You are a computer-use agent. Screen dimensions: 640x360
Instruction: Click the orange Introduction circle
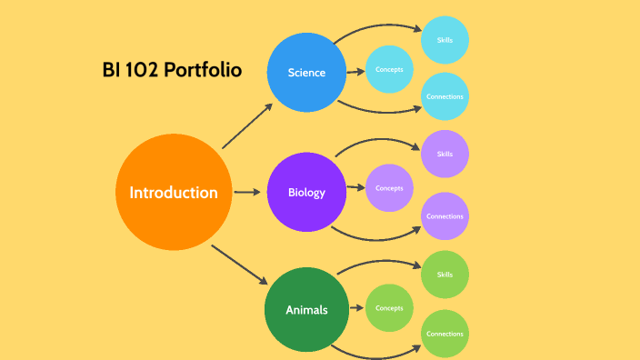pos(174,193)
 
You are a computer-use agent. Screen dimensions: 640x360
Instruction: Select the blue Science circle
pos(306,72)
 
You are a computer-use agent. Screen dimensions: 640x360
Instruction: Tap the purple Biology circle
pos(306,192)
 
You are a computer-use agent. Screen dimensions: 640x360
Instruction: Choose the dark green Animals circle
pos(306,310)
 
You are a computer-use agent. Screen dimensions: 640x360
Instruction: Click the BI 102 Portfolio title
pos(172,70)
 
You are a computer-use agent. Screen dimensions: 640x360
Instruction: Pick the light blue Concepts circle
pos(389,68)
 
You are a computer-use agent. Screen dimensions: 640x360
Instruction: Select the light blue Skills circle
pos(445,39)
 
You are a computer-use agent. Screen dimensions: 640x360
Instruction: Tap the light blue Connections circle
pos(445,96)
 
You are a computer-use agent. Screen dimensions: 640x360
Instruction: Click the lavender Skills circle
pos(445,154)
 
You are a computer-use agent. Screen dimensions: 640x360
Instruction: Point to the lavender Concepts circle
pos(389,188)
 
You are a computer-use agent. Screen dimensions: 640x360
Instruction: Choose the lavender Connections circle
pos(445,216)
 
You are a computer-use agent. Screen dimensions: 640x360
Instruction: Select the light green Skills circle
pos(445,274)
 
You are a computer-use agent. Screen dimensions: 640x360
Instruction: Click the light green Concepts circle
pos(389,308)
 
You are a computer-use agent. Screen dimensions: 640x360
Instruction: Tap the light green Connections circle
pos(445,334)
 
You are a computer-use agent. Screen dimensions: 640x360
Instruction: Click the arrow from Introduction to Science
pos(246,125)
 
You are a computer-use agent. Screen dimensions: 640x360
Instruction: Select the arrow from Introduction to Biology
pos(247,192)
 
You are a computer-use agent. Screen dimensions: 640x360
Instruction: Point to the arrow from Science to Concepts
pos(356,70)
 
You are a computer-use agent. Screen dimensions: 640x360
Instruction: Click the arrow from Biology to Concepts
pos(356,190)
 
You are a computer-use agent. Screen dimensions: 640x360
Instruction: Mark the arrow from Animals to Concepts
pos(356,309)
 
